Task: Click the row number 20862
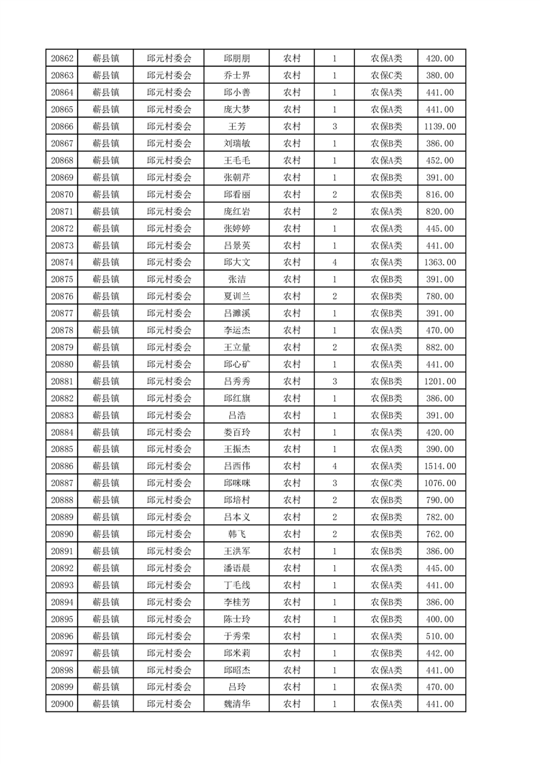point(62,59)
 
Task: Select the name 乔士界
point(236,76)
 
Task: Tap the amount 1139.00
point(439,127)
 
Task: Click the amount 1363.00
point(439,262)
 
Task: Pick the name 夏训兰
point(236,296)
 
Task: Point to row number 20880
point(62,364)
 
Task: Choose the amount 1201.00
point(439,381)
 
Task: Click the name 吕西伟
point(236,466)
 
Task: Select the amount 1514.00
point(439,466)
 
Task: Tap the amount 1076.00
point(439,483)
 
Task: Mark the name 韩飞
point(236,535)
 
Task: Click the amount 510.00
point(439,636)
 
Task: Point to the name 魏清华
point(236,704)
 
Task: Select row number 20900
point(62,704)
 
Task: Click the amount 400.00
point(439,619)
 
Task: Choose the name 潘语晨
point(236,568)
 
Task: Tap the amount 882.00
point(439,347)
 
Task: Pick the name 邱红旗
point(236,398)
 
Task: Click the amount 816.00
point(439,195)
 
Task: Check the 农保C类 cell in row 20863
point(386,76)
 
